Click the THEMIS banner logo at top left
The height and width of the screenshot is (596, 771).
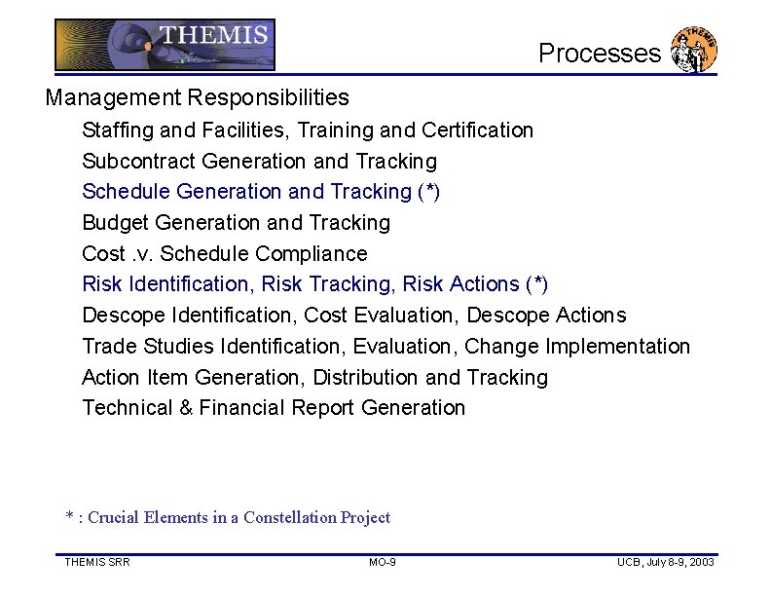pos(165,45)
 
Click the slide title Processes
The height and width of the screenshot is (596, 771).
pos(599,54)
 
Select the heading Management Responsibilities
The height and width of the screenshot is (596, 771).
pos(197,98)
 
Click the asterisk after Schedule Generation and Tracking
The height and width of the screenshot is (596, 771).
pos(429,190)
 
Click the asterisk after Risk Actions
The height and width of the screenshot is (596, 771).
pos(536,283)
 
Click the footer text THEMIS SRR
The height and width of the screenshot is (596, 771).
pos(97,563)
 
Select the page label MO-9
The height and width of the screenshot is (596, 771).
pos(383,563)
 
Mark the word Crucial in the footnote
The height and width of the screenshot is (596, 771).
pos(114,518)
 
